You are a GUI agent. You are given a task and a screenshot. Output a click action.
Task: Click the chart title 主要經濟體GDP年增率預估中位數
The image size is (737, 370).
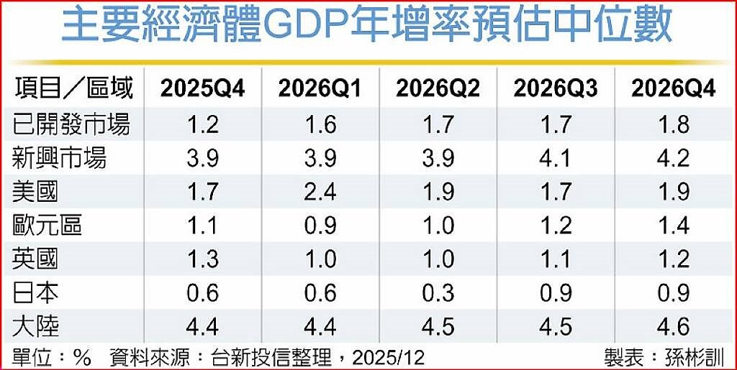click(x=367, y=27)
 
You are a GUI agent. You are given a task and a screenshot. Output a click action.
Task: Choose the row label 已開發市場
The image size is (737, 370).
click(x=73, y=124)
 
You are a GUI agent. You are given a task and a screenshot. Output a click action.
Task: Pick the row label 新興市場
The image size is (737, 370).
click(x=60, y=158)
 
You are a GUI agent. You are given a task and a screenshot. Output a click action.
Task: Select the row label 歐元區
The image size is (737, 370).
click(x=48, y=226)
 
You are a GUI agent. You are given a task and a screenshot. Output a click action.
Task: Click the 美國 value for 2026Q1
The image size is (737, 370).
click(x=320, y=192)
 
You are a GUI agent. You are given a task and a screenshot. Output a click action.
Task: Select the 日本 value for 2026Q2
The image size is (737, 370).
click(x=438, y=293)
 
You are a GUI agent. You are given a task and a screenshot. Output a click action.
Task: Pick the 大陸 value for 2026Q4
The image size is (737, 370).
click(x=673, y=327)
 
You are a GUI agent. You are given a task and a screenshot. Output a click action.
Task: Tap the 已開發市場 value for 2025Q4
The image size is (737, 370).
click(x=202, y=124)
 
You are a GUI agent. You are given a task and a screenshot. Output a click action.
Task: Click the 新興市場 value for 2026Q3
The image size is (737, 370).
click(x=555, y=158)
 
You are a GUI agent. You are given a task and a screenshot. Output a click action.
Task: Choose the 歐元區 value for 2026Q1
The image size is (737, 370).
click(x=320, y=226)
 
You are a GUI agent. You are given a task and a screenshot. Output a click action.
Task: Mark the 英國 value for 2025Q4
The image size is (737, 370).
click(x=202, y=259)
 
